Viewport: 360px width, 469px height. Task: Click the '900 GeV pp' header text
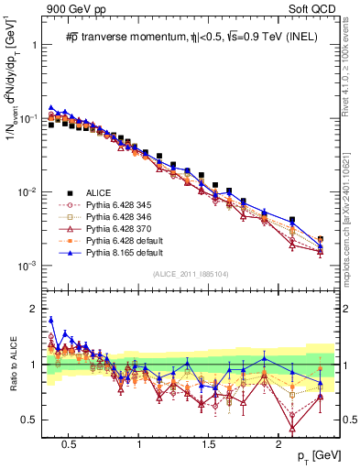click(75, 8)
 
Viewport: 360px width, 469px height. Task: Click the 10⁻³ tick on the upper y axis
click(27, 266)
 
